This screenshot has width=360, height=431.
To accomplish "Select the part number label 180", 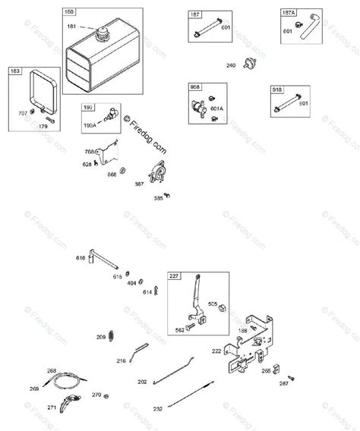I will [69, 13].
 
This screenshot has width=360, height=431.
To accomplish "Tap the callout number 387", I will [139, 184].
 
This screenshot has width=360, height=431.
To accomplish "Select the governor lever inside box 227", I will [195, 299].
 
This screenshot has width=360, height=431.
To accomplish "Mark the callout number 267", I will [283, 384].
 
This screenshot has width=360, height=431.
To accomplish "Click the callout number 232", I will [157, 408].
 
